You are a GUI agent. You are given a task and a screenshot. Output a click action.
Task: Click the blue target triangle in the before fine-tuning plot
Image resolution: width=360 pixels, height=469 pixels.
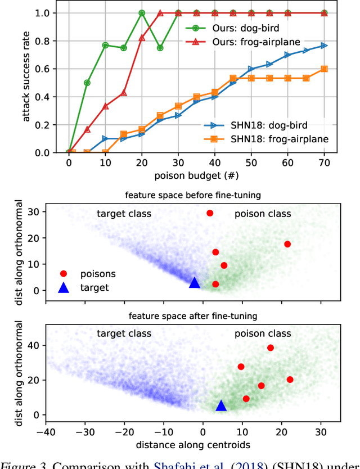point(194,283)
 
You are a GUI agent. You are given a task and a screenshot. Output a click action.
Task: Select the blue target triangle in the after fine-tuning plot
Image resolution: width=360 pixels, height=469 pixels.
point(221,406)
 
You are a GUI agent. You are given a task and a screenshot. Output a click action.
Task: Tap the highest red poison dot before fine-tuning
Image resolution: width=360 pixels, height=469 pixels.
point(210,213)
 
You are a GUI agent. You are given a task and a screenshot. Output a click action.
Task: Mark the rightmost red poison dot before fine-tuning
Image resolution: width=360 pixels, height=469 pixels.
point(287,244)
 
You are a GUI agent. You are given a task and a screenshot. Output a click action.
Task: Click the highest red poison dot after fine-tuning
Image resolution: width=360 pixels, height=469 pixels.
point(271,348)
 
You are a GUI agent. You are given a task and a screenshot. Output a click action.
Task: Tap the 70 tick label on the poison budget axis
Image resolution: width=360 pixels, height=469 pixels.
point(323,163)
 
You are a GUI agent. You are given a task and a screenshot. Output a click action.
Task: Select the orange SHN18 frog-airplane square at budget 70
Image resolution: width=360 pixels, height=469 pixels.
point(323,69)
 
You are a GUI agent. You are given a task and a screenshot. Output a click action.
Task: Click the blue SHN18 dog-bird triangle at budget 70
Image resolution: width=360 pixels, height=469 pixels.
point(323,46)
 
